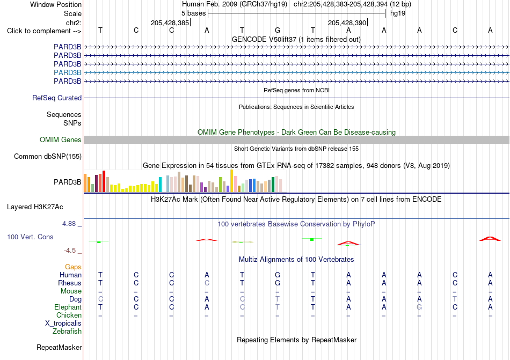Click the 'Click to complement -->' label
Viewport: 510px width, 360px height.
pyautogui.click(x=44, y=31)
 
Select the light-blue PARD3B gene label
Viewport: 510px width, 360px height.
pyautogui.click(x=67, y=72)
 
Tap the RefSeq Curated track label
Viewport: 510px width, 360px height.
pyautogui.click(x=57, y=98)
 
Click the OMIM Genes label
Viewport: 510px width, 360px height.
pyautogui.click(x=61, y=139)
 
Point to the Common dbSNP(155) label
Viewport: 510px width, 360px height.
pyautogui.click(x=48, y=156)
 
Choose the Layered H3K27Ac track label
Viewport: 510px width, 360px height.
pyautogui.click(x=35, y=207)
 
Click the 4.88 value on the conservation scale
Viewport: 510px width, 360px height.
pyautogui.click(x=69, y=224)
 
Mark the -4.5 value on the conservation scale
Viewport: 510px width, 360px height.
pyautogui.click(x=70, y=250)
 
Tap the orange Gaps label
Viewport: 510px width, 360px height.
pyautogui.click(x=73, y=267)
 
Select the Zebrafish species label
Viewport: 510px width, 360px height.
pyautogui.click(x=67, y=332)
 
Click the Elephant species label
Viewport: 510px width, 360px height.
pyautogui.click(x=68, y=307)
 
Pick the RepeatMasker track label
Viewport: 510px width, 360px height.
pyautogui.click(x=59, y=347)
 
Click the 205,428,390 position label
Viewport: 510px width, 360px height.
pyautogui.click(x=347, y=23)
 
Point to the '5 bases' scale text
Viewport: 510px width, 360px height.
pyautogui.click(x=193, y=13)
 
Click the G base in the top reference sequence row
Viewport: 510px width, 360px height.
pyautogui.click(x=278, y=30)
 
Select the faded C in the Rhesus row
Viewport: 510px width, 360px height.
pyautogui.click(x=207, y=283)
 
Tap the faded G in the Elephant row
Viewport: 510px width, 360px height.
pyautogui.click(x=419, y=307)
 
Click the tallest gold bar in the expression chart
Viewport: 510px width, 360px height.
pyautogui.click(x=231, y=181)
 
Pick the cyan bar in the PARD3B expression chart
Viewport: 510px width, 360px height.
pyautogui.click(x=160, y=185)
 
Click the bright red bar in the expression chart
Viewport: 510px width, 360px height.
pyautogui.click(x=104, y=181)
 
